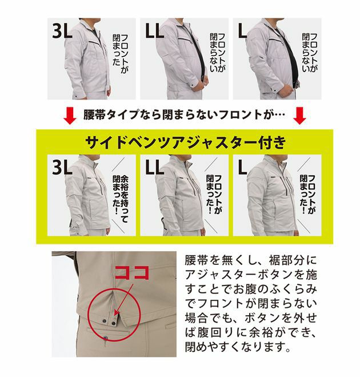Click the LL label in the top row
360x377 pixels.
156,31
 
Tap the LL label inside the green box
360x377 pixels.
155,168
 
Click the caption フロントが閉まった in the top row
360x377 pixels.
122,51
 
